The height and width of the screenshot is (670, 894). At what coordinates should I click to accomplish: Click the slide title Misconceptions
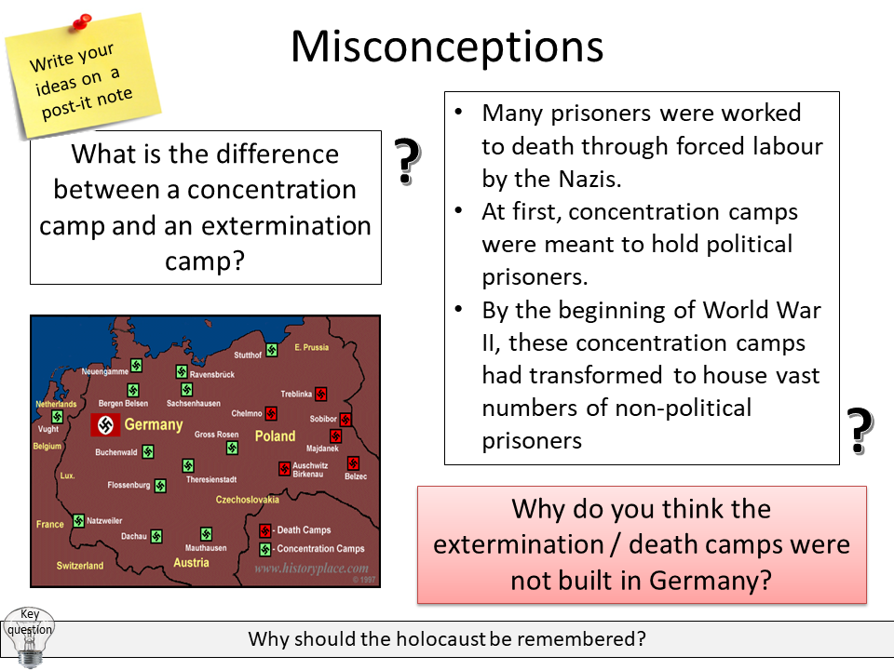pyautogui.click(x=447, y=47)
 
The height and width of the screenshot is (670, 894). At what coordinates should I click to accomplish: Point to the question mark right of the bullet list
pyautogui.click(x=860, y=430)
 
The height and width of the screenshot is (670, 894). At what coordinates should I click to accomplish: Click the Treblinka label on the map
pyautogui.click(x=296, y=394)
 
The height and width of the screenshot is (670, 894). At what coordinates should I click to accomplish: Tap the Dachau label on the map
pyautogui.click(x=134, y=536)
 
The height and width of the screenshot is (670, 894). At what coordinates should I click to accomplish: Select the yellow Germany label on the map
pyautogui.click(x=154, y=425)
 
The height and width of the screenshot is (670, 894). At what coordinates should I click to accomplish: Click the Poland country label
pyautogui.click(x=275, y=436)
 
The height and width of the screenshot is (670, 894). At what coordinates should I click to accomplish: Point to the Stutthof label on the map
pyautogui.click(x=248, y=355)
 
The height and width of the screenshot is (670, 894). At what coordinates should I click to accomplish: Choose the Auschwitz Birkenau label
pyautogui.click(x=310, y=470)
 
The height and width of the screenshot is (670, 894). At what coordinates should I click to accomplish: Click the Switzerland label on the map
pyautogui.click(x=79, y=566)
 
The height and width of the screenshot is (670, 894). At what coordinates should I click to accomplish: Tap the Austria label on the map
pyautogui.click(x=191, y=563)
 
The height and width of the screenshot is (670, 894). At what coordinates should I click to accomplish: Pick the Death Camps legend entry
pyautogui.click(x=303, y=530)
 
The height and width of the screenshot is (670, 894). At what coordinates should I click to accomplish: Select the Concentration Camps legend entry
pyautogui.click(x=320, y=549)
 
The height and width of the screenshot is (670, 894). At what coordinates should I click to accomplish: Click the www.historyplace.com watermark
pyautogui.click(x=311, y=569)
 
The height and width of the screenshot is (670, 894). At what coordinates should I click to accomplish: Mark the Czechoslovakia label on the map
pyautogui.click(x=248, y=500)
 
